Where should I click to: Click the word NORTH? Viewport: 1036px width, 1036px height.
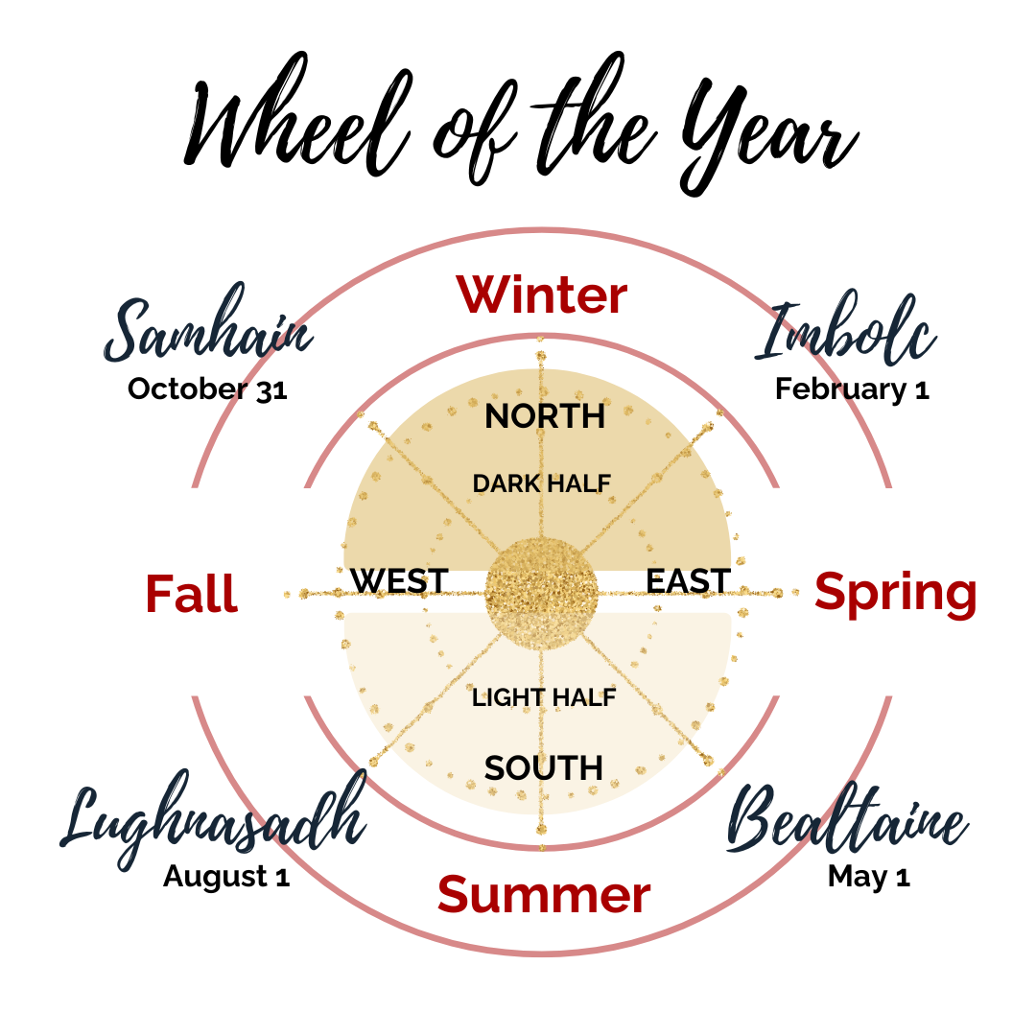[544, 416]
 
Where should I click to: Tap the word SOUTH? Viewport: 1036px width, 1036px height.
[543, 768]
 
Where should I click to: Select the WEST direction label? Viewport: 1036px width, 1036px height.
[399, 579]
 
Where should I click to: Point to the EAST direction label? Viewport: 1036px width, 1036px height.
[690, 579]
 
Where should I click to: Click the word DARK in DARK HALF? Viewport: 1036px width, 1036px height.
[505, 484]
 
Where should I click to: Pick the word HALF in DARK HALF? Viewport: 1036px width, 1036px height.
[579, 484]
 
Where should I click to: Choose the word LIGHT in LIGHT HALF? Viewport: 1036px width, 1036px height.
[505, 698]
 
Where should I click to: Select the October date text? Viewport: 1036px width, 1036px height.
[216, 389]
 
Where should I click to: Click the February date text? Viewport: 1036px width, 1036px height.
[844, 389]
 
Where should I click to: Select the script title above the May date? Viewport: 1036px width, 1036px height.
[835, 825]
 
